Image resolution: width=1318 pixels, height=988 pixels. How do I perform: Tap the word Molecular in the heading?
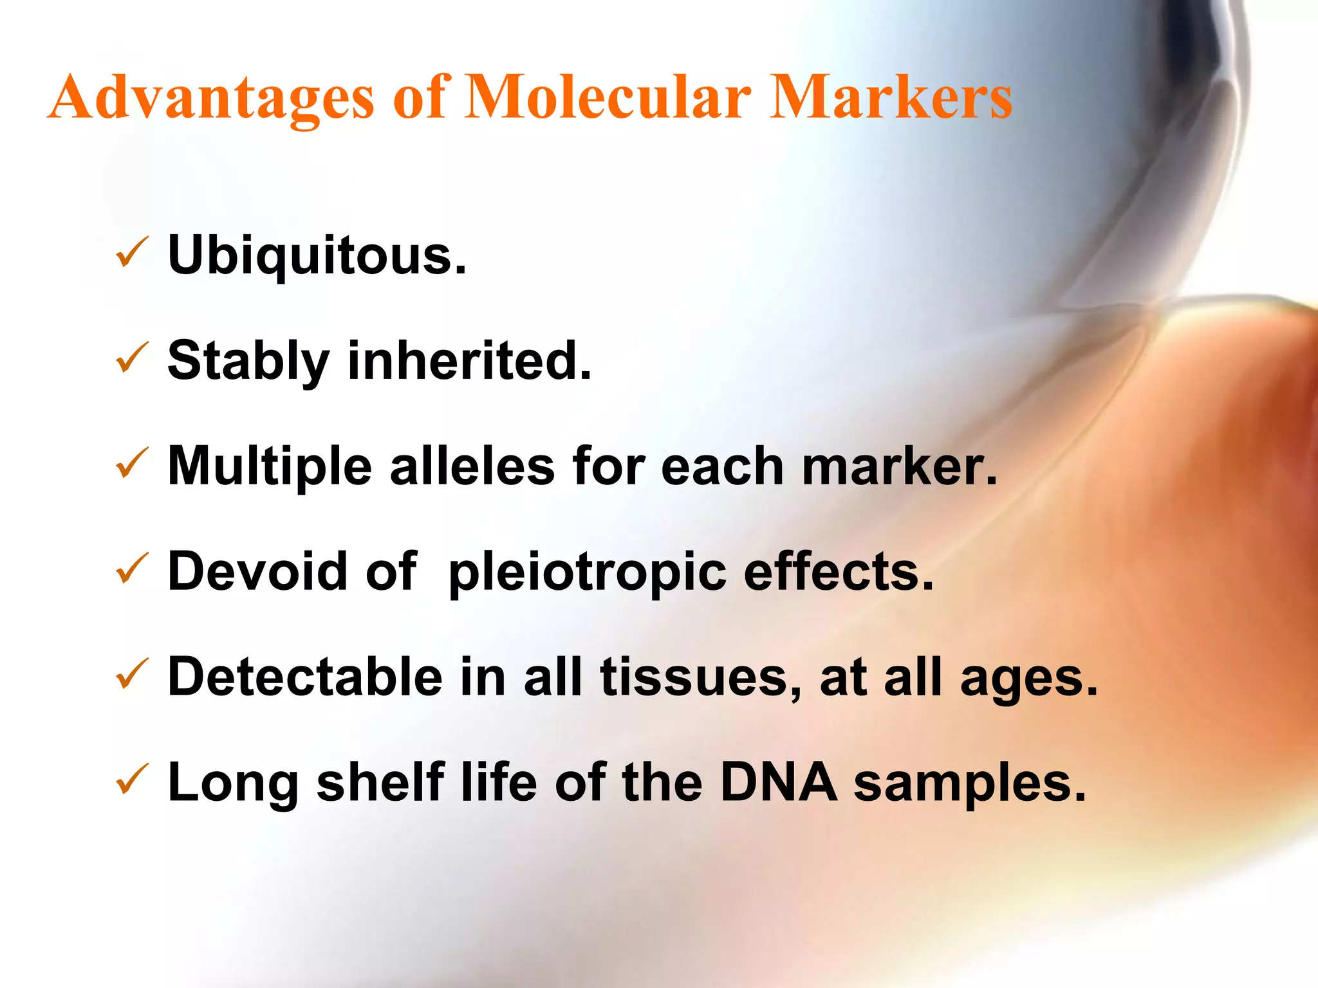[607, 98]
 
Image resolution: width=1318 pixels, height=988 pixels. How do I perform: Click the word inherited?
[469, 360]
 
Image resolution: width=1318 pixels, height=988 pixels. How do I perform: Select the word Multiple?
[270, 466]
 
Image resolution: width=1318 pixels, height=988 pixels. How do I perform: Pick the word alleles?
[472, 466]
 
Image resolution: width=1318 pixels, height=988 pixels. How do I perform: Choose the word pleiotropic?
[587, 572]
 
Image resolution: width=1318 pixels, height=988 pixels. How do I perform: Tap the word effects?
[838, 571]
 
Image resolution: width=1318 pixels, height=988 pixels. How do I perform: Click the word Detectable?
[305, 677]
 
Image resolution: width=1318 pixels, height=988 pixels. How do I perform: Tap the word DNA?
[778, 782]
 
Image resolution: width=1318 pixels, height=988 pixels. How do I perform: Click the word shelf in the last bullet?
[380, 782]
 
